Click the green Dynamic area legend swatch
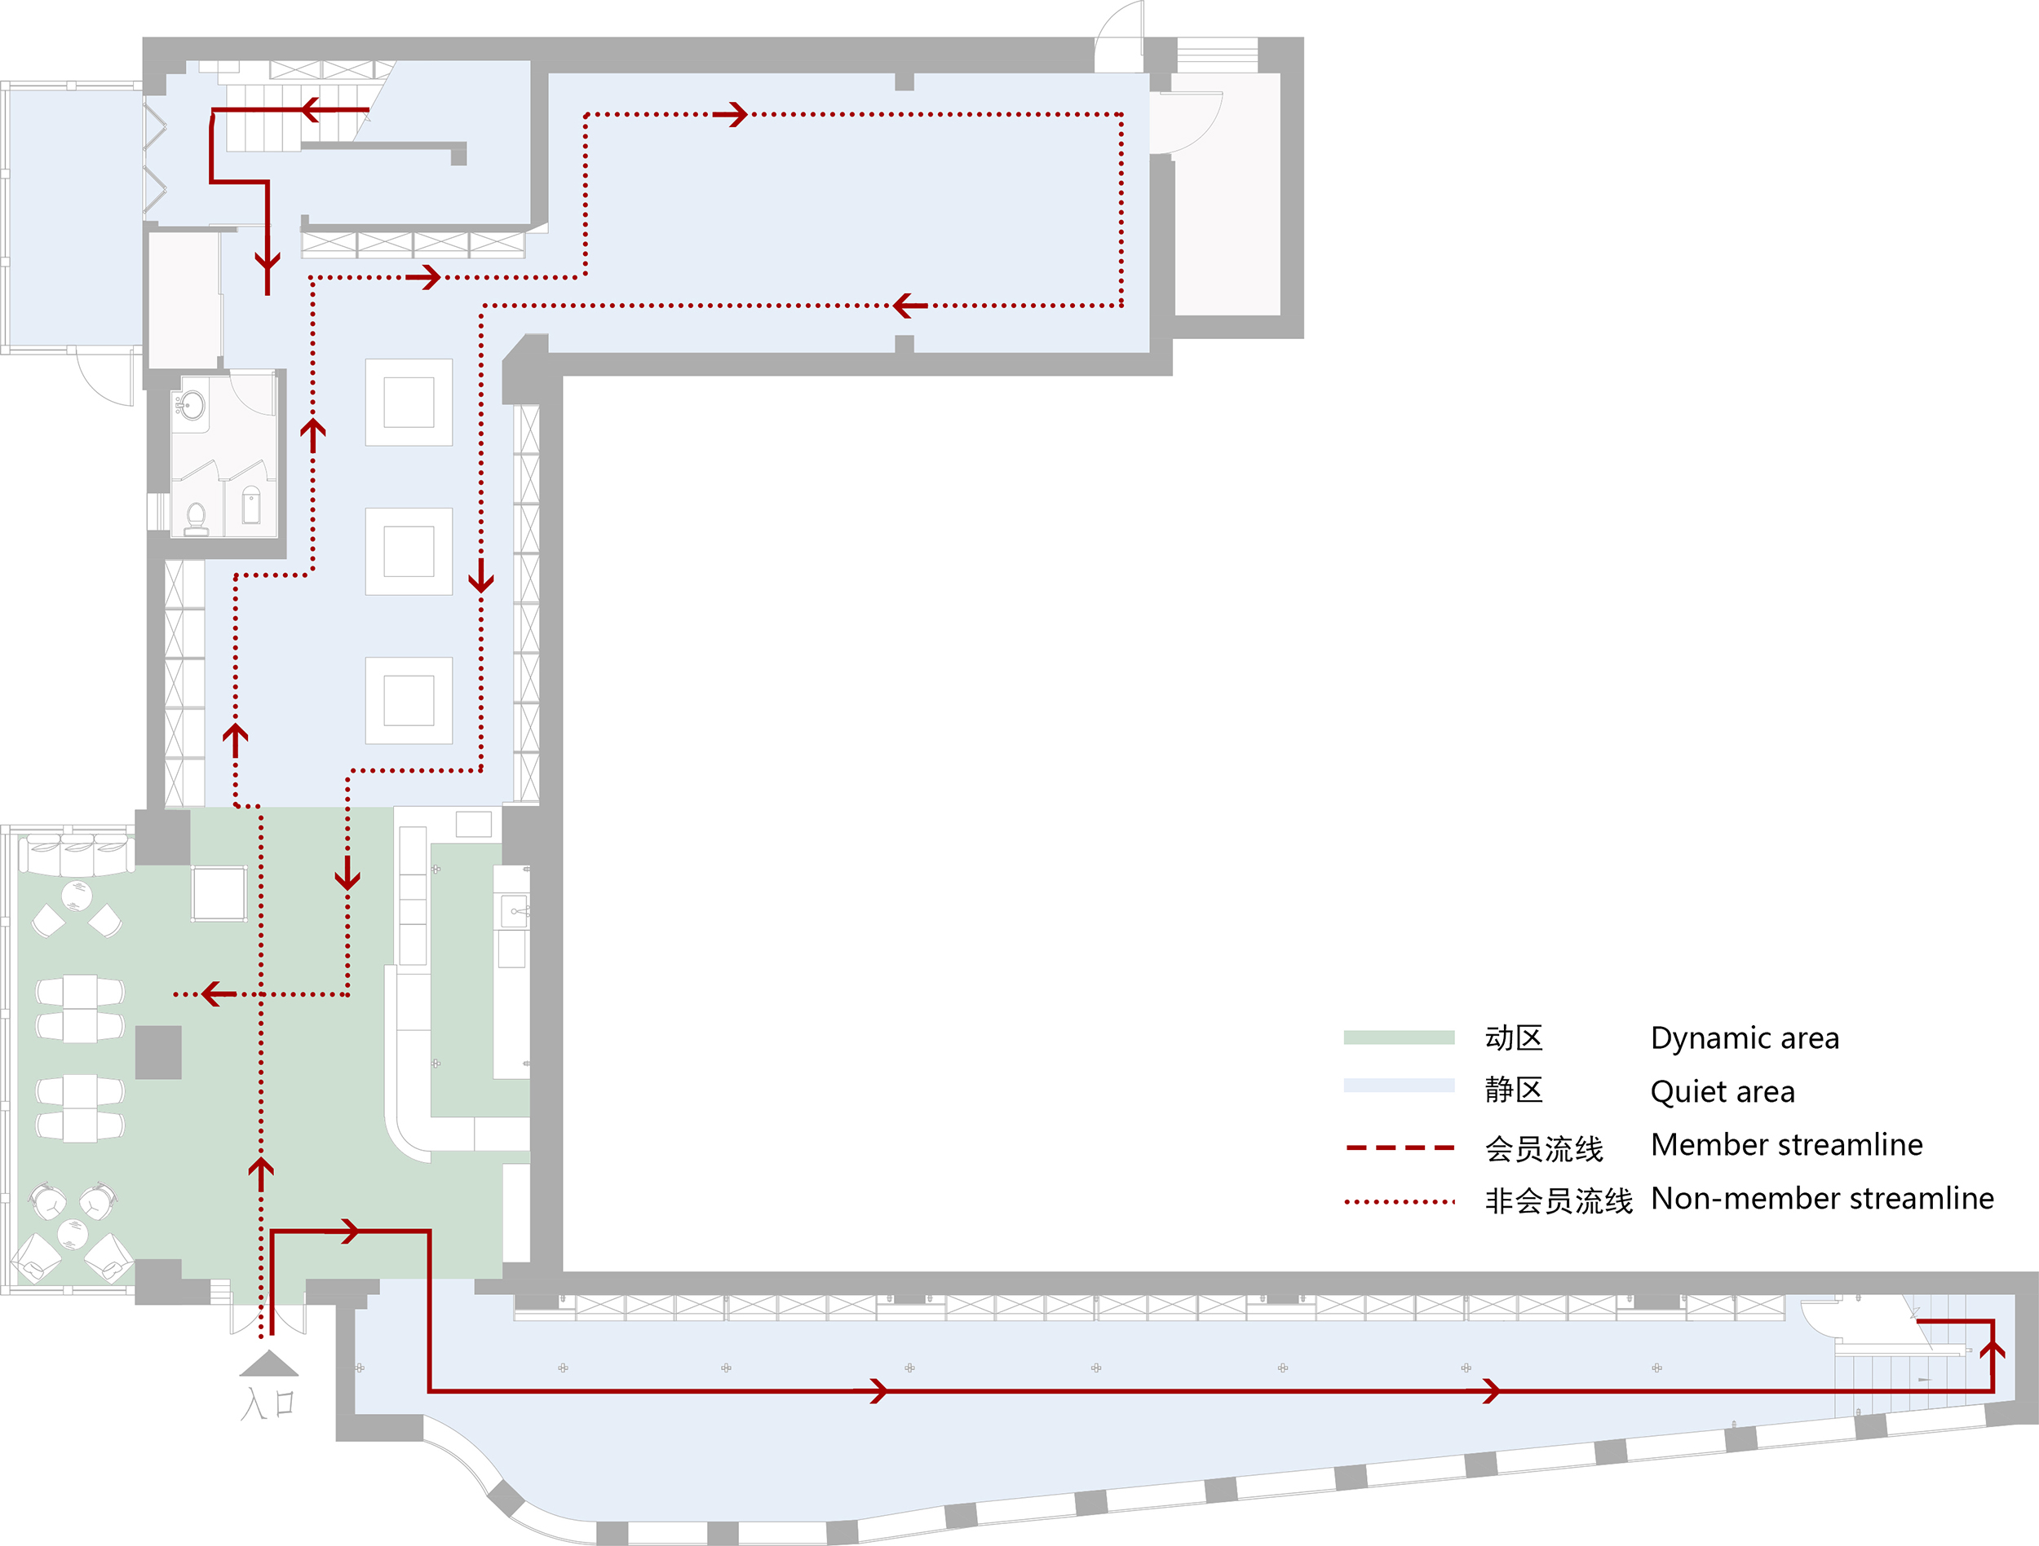click(1399, 1037)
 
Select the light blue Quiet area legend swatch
click(1399, 1086)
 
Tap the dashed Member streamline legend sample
click(1400, 1148)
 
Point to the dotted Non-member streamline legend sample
click(1400, 1201)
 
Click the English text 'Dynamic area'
click(1745, 1038)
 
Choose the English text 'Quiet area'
click(1723, 1092)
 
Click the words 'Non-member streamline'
click(1822, 1199)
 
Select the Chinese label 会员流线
click(1544, 1149)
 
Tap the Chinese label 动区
click(1514, 1038)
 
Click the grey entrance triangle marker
click(268, 1363)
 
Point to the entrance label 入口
click(268, 1404)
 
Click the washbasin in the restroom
click(192, 405)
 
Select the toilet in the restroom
click(197, 518)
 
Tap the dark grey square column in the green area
click(158, 1052)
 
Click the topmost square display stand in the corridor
click(409, 403)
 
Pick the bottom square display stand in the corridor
click(409, 700)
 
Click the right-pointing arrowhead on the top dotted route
click(732, 114)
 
